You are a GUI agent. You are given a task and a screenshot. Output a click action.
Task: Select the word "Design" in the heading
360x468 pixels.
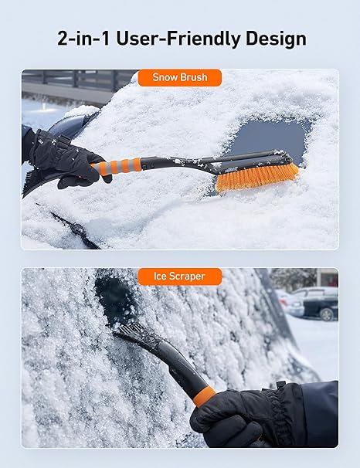(274, 39)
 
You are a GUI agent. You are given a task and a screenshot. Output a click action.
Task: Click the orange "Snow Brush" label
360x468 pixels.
(179, 78)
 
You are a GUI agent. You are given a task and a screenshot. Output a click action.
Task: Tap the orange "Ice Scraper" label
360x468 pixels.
(179, 276)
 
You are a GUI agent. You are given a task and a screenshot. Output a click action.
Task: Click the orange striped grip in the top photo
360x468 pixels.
(119, 165)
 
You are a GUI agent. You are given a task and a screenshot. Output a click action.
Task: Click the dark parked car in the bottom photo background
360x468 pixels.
(321, 306)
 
